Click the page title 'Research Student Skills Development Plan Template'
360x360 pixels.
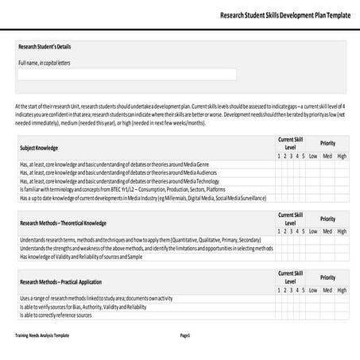[284, 15]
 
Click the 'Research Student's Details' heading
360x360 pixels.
[45, 47]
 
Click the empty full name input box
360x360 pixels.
[127, 75]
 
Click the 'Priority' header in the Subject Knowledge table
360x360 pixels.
[327, 143]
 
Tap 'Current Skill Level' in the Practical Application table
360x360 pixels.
[290, 277]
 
